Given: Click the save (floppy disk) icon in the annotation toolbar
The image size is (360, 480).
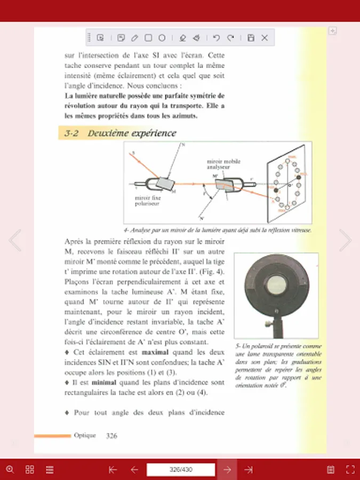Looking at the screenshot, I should (x=251, y=38).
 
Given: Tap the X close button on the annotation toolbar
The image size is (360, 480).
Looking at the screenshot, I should (x=265, y=38).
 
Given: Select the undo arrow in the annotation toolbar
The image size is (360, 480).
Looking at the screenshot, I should (x=216, y=38).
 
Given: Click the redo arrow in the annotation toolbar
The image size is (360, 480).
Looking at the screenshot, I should (x=230, y=38).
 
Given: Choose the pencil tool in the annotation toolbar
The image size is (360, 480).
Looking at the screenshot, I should (x=135, y=38).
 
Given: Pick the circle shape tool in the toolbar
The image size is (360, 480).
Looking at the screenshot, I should (x=162, y=38).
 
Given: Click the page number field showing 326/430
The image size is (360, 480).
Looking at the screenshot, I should (x=181, y=470).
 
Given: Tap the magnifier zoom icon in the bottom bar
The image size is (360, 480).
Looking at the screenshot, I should (x=10, y=470).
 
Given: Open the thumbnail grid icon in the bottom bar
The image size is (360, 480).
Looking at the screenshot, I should (x=30, y=470).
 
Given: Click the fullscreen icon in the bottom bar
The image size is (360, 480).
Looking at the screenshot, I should (x=350, y=470).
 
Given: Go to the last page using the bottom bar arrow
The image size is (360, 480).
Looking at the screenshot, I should (x=249, y=470).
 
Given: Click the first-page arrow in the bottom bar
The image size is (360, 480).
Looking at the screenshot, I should (x=113, y=470).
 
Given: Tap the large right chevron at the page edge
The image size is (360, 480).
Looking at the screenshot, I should (x=346, y=241).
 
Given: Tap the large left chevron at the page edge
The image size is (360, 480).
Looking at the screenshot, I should (x=15, y=241).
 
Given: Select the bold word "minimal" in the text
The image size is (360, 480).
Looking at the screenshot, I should (x=104, y=382).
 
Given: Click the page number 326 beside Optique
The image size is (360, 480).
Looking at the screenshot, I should (x=111, y=436).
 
